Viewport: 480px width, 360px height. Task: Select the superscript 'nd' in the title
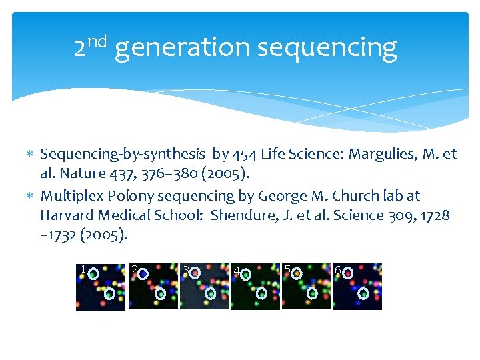(97, 41)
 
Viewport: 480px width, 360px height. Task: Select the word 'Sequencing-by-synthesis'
(123, 154)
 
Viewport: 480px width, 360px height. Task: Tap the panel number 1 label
(82, 269)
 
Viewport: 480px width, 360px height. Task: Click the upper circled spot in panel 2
(143, 273)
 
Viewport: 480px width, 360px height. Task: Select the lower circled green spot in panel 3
(211, 293)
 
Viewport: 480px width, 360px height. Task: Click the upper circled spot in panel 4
(246, 273)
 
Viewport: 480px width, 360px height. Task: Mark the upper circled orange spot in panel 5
(297, 273)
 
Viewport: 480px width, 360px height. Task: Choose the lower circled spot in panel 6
(363, 293)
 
